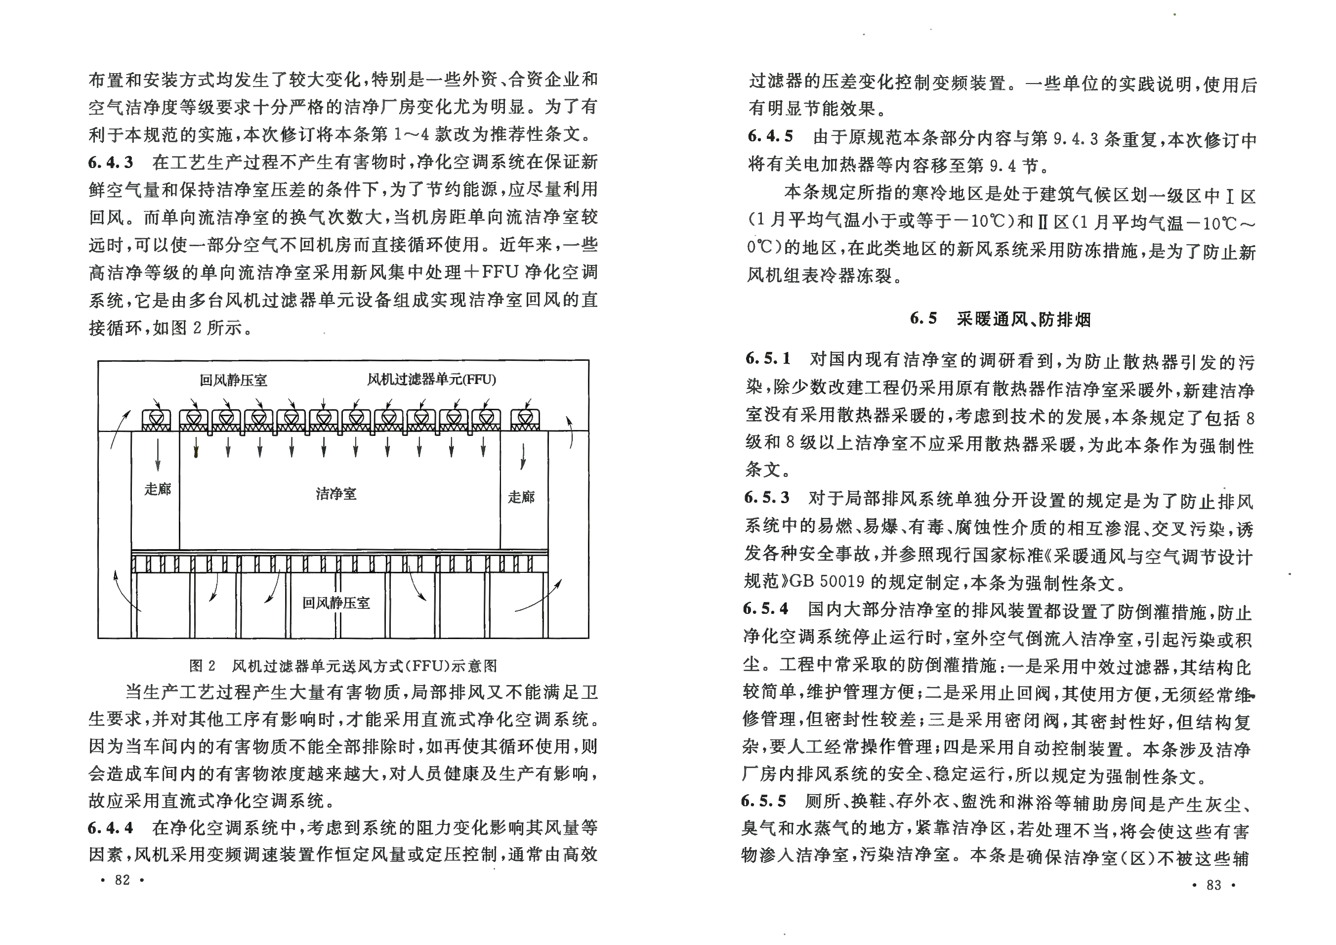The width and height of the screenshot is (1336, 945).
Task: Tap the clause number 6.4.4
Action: pos(111,827)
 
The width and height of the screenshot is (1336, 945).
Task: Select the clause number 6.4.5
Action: pos(770,136)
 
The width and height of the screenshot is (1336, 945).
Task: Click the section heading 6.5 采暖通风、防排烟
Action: pos(1000,318)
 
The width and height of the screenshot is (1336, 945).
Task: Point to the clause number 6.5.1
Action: pos(768,358)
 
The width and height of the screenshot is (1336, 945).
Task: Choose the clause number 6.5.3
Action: pos(767,498)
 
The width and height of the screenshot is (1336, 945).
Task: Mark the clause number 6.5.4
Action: pos(766,608)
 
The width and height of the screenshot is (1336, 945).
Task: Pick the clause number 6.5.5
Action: pos(764,801)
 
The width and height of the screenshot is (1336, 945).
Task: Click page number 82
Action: pos(122,880)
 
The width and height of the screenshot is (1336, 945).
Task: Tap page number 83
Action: pos(1214,885)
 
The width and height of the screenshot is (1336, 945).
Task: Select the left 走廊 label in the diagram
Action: pos(158,489)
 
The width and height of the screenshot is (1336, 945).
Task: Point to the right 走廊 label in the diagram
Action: pos(521,496)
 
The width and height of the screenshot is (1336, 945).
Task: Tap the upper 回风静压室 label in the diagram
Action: pos(233,381)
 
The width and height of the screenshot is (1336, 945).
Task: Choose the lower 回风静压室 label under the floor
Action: pos(336,603)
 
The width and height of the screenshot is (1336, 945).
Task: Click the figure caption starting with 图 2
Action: pos(343,666)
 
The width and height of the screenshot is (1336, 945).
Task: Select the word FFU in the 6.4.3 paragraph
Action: pos(501,272)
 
